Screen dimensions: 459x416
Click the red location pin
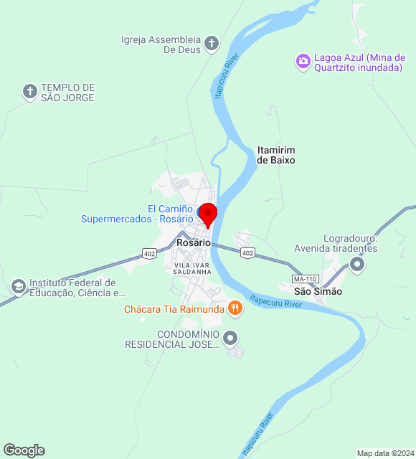pyautogui.click(x=207, y=214)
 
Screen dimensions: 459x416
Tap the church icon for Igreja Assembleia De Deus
pyautogui.click(x=212, y=44)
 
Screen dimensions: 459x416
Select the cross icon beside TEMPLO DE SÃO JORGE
pyautogui.click(x=29, y=91)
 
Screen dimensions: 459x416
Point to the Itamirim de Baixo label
pyautogui.click(x=276, y=155)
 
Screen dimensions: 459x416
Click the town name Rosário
pyautogui.click(x=194, y=243)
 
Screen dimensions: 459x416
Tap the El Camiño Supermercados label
pyautogui.click(x=136, y=214)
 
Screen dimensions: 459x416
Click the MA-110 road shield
pyautogui.click(x=305, y=278)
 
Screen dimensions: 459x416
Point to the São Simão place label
pyautogui.click(x=318, y=291)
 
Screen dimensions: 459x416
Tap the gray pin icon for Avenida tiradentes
pyautogui.click(x=357, y=266)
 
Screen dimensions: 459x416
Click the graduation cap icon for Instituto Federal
pyautogui.click(x=17, y=287)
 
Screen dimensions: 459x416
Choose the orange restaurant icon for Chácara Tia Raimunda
pyautogui.click(x=235, y=309)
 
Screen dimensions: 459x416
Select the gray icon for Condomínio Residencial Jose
pyautogui.click(x=230, y=337)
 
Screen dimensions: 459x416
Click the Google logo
pyautogui.click(x=24, y=450)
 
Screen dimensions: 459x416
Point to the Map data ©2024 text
pyautogui.click(x=384, y=453)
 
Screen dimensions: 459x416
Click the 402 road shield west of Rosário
pyautogui.click(x=149, y=253)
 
